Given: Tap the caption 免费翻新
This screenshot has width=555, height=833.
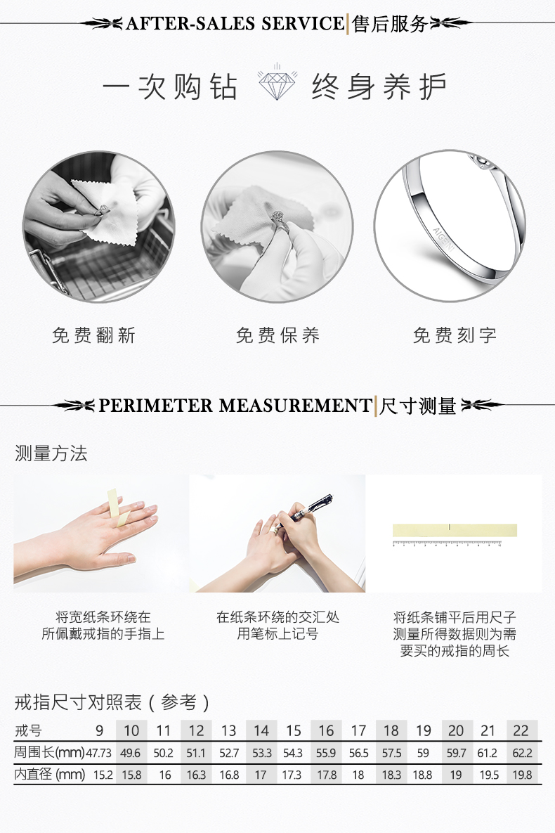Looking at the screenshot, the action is point(94,335).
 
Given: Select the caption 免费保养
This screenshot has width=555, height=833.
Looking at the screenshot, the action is point(277,335).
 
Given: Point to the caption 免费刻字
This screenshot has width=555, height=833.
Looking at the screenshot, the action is point(455,335).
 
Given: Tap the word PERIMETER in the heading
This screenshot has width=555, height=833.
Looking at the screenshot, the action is point(156,406).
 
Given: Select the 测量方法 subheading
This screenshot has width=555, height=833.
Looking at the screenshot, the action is point(51,453).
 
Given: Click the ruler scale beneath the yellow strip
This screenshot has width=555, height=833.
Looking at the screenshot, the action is point(447,543).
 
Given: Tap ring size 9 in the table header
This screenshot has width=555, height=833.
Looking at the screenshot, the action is point(99,731).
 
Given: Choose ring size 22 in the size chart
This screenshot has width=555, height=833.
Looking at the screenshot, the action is point(521,731).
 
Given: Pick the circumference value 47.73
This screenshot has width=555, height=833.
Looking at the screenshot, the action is point(99,754).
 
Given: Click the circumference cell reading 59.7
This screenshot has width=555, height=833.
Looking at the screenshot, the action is point(456,754).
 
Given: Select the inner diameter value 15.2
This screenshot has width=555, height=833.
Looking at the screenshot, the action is point(103,775).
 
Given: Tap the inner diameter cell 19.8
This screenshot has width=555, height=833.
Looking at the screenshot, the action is point(522,775).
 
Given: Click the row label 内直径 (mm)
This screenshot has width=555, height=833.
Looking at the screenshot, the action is point(49,775).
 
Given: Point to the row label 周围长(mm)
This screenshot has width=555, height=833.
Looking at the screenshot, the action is point(49,753).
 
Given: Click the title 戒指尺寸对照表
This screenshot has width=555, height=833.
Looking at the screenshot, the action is point(78,702).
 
